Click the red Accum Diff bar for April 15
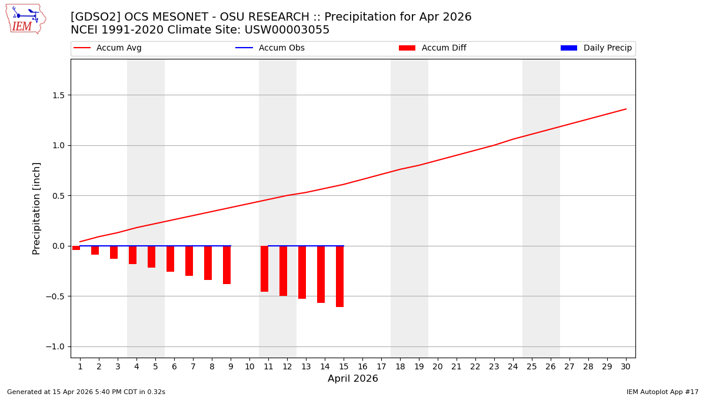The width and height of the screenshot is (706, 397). coord(339,276)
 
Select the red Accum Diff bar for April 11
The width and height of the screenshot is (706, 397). coord(264,269)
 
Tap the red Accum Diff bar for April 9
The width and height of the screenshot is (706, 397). coord(227,265)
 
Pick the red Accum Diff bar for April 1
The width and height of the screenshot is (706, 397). coord(76,248)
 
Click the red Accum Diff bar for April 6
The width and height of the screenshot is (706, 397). coord(170,259)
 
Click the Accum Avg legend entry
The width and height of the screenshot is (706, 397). coord(108,48)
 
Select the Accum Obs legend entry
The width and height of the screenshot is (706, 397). coord(270,48)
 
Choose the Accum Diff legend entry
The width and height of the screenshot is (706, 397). coord(432,48)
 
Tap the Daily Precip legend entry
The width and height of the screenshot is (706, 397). coord(596,48)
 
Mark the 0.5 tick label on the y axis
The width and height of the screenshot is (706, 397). coord(57,196)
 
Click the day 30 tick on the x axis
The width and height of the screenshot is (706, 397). coord(625,367)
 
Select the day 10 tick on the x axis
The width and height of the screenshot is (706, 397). coord(249,367)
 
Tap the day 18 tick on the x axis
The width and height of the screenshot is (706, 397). coord(399,367)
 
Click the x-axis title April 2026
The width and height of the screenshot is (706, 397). coord(352,379)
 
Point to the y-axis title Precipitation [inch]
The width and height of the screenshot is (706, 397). coord(36,208)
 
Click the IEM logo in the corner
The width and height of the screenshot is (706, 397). coord(25,19)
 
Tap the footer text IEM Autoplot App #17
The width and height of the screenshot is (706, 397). coord(662,392)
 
